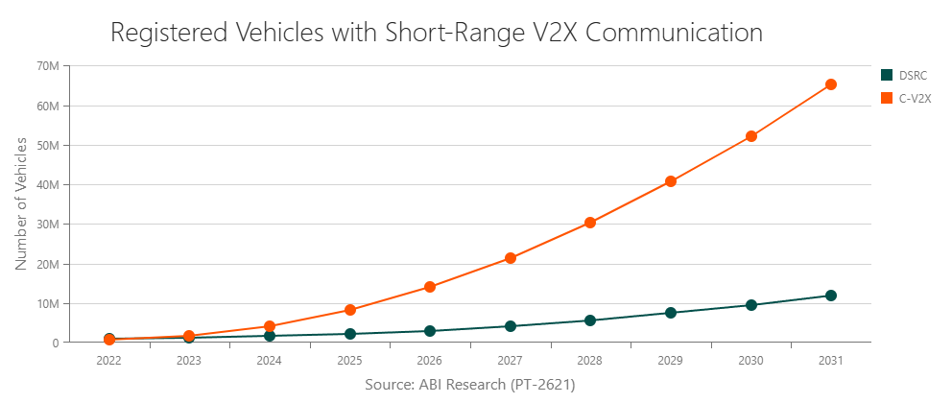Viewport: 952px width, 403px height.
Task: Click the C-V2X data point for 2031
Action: (831, 84)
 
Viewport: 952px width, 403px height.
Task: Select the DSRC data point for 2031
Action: (831, 296)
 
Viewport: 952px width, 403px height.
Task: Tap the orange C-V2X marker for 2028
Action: (590, 223)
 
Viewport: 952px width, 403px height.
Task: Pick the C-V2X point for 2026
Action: (430, 287)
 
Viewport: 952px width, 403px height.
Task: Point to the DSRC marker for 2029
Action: (671, 313)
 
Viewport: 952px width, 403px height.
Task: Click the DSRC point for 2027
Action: (511, 326)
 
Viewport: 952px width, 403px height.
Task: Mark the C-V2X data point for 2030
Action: (751, 136)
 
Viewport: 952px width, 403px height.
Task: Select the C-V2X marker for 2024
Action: (270, 326)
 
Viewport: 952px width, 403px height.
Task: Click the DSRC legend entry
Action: (906, 75)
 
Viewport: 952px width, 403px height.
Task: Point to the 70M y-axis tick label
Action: (48, 66)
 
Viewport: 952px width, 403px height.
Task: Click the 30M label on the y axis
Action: (48, 225)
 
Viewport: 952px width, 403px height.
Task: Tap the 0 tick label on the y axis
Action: (55, 343)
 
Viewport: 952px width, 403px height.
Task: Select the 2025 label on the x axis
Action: (349, 361)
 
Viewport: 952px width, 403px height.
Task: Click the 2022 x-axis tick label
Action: (109, 361)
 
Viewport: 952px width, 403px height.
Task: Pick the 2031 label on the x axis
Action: (831, 361)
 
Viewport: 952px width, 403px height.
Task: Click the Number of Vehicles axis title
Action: (21, 204)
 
